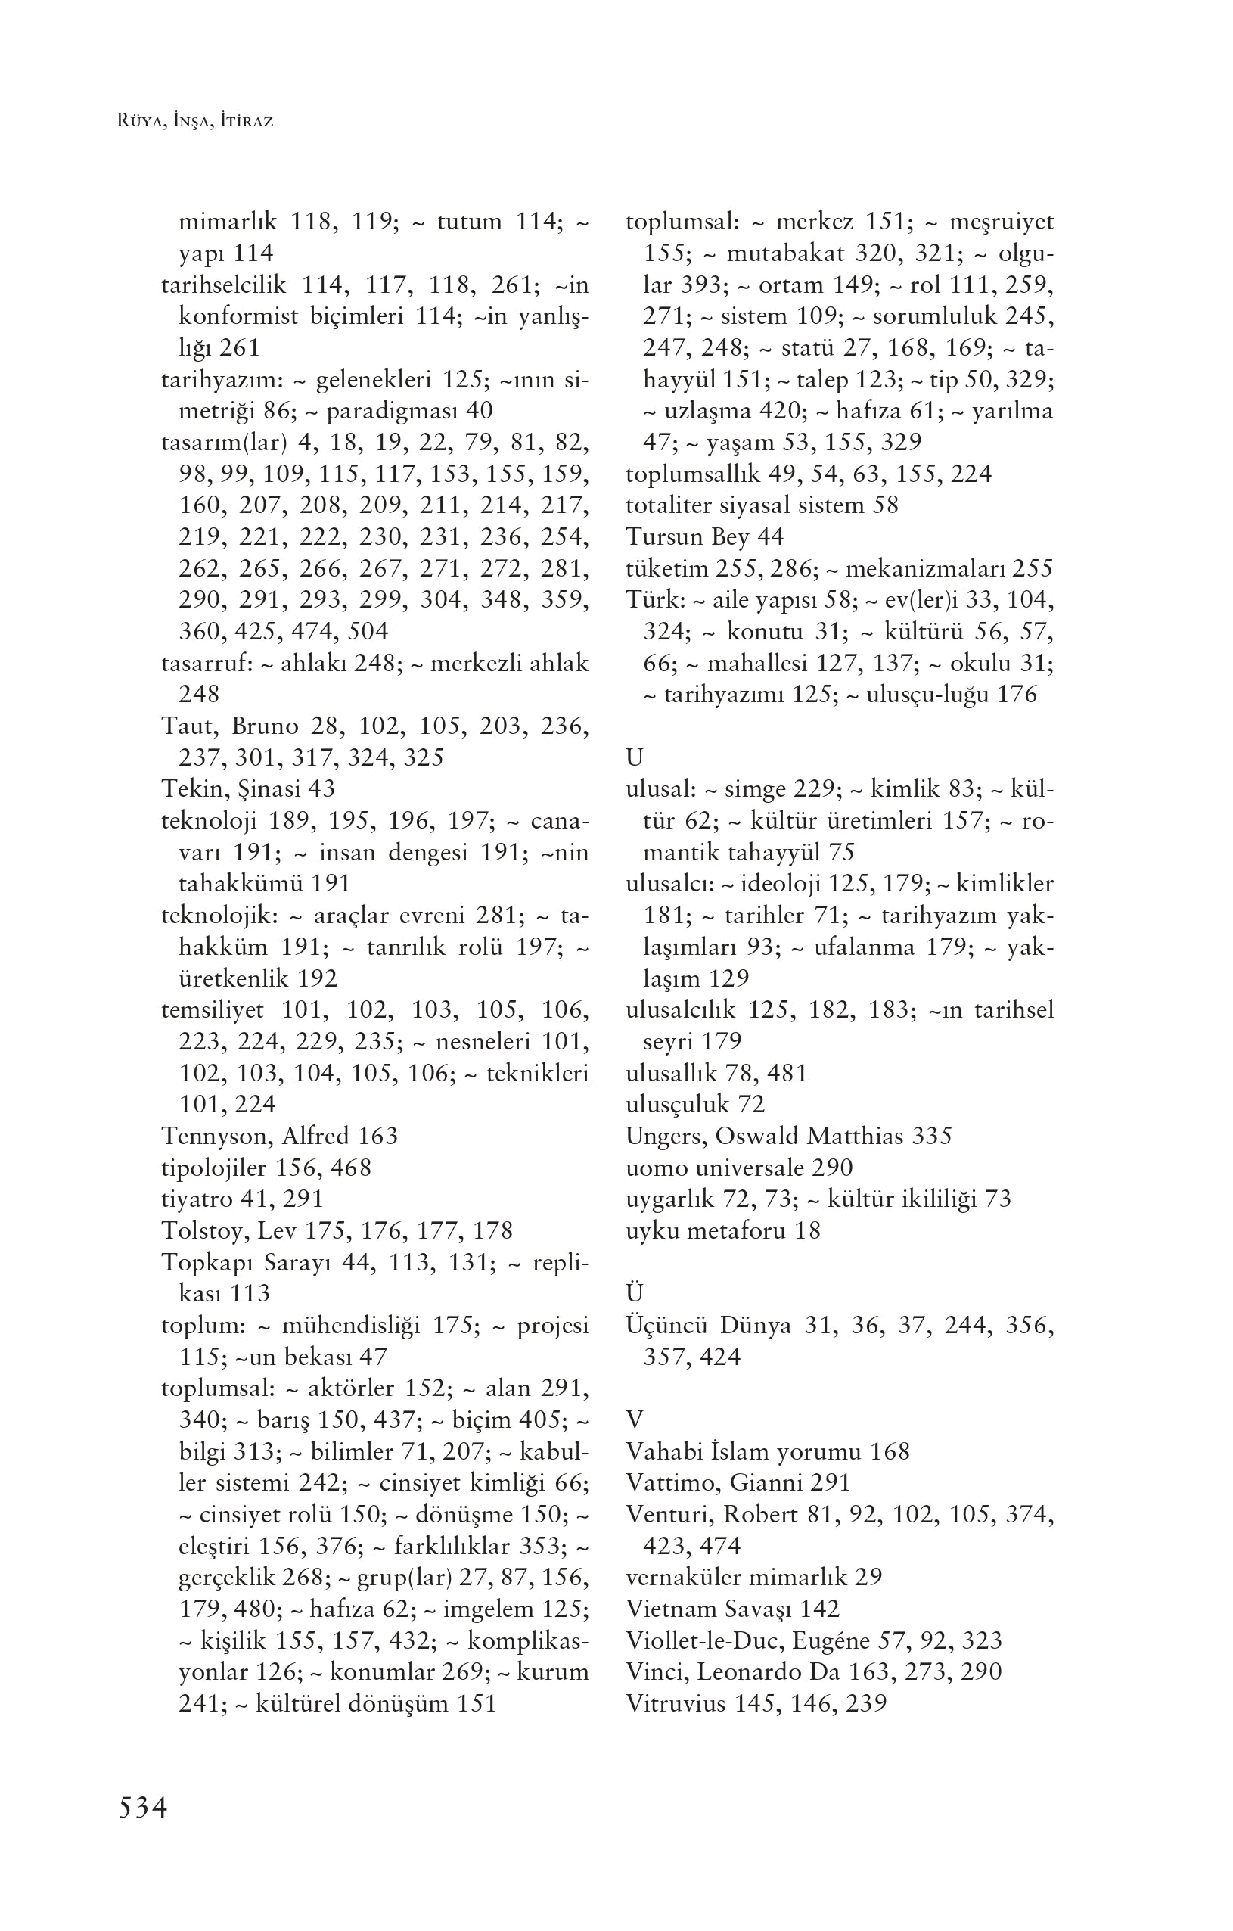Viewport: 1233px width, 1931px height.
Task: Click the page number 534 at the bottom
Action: pyautogui.click(x=143, y=1808)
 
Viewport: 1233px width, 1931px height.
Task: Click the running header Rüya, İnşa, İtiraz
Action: pyautogui.click(x=195, y=122)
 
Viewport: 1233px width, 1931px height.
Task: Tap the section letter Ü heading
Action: pyautogui.click(x=634, y=1292)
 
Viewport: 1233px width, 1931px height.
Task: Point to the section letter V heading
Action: pyautogui.click(x=634, y=1419)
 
